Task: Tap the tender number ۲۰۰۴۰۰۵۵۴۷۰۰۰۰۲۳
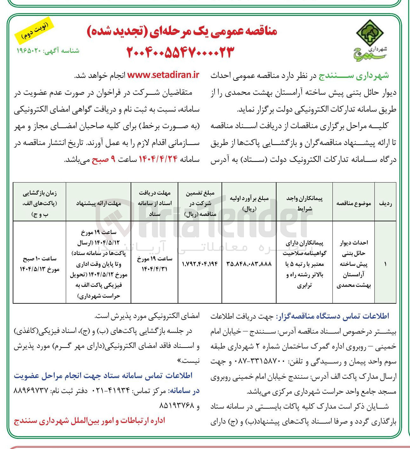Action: click(x=180, y=52)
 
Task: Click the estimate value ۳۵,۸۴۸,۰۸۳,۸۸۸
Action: click(x=249, y=264)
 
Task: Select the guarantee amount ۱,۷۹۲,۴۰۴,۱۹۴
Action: click(x=200, y=264)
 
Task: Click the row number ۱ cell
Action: click(x=385, y=264)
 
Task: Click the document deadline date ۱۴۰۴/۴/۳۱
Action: click(x=154, y=269)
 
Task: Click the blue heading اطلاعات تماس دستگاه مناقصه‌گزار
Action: click(x=332, y=316)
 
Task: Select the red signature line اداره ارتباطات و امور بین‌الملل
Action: click(x=90, y=421)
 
